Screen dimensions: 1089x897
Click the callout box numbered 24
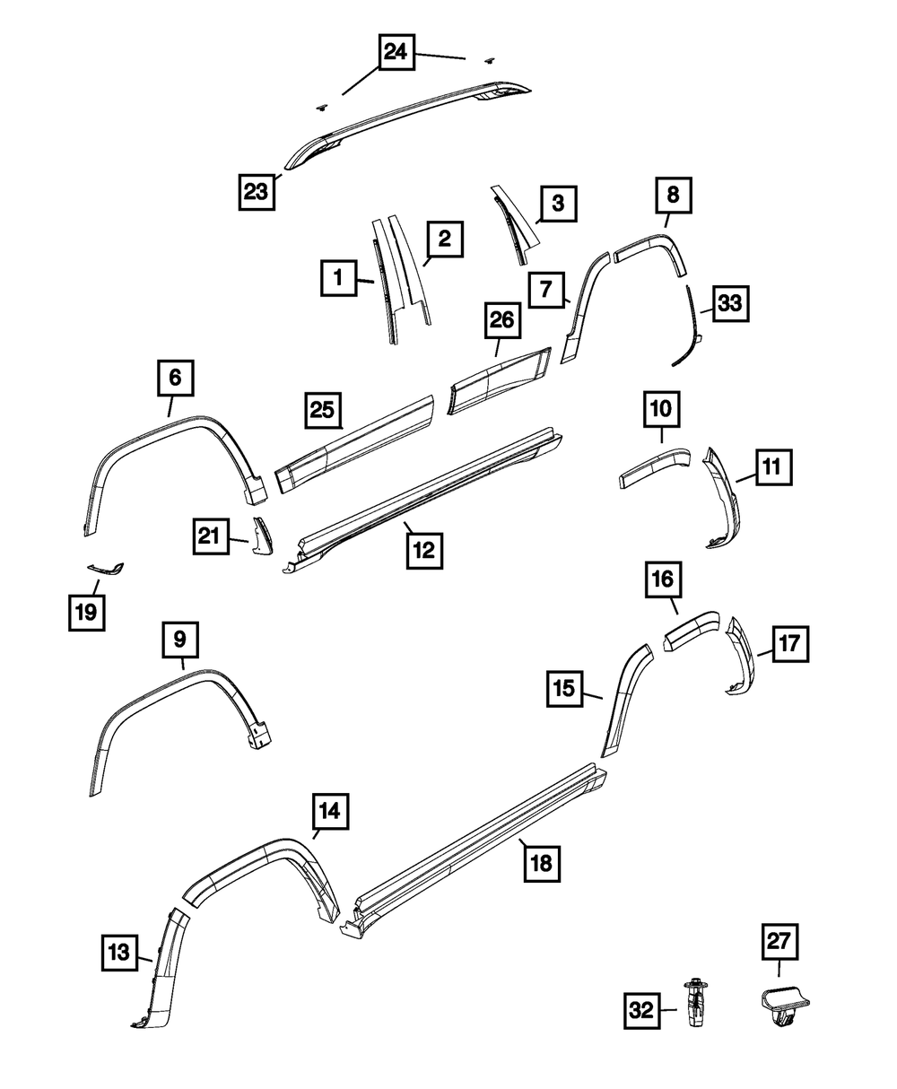pos(395,53)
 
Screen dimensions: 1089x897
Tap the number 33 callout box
pos(729,303)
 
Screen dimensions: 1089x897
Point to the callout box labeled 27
pos(779,943)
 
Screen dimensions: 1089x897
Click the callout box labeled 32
pos(642,1009)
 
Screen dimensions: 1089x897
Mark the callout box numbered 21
pos(209,536)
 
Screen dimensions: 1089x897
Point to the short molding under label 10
pos(654,466)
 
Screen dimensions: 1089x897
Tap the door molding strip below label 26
pos(500,384)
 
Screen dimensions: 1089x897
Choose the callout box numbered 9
pos(179,640)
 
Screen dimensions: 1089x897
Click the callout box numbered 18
pos(543,863)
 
